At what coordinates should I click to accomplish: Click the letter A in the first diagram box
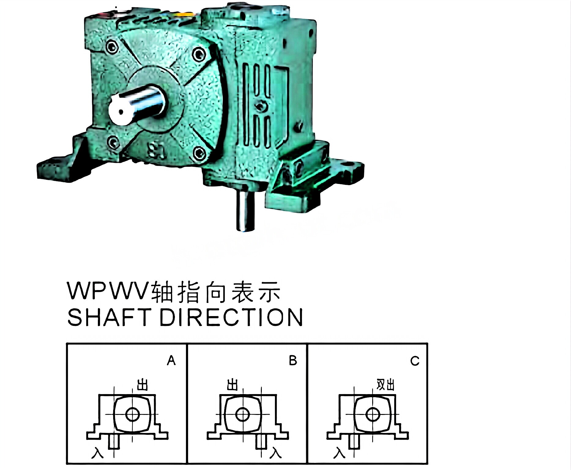click(171, 361)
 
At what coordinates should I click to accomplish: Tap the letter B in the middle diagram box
click(293, 361)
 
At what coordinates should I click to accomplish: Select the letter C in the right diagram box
click(415, 361)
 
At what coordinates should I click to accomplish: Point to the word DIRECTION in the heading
click(231, 317)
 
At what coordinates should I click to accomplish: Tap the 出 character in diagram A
click(142, 385)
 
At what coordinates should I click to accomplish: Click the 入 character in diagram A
click(98, 453)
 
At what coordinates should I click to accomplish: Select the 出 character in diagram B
click(232, 385)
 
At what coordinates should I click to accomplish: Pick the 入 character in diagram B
click(275, 453)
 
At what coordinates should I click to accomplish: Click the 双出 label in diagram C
click(385, 385)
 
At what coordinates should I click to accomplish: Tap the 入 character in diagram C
click(339, 453)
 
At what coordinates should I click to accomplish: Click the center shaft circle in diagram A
click(132, 415)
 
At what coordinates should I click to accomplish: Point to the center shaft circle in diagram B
click(243, 415)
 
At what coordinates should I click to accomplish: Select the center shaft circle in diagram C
click(373, 415)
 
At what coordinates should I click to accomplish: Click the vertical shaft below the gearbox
click(246, 211)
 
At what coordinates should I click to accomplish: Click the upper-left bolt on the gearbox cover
click(112, 47)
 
